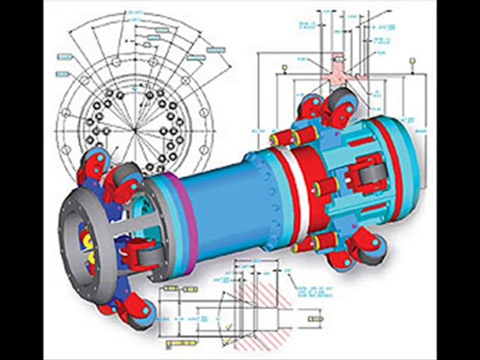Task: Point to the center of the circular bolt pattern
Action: pyautogui.click(x=134, y=131)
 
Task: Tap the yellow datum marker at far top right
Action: pyautogui.click(x=412, y=61)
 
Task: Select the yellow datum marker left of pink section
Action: pyautogui.click(x=284, y=66)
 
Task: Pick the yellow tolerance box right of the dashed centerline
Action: pyautogui.click(x=315, y=319)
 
